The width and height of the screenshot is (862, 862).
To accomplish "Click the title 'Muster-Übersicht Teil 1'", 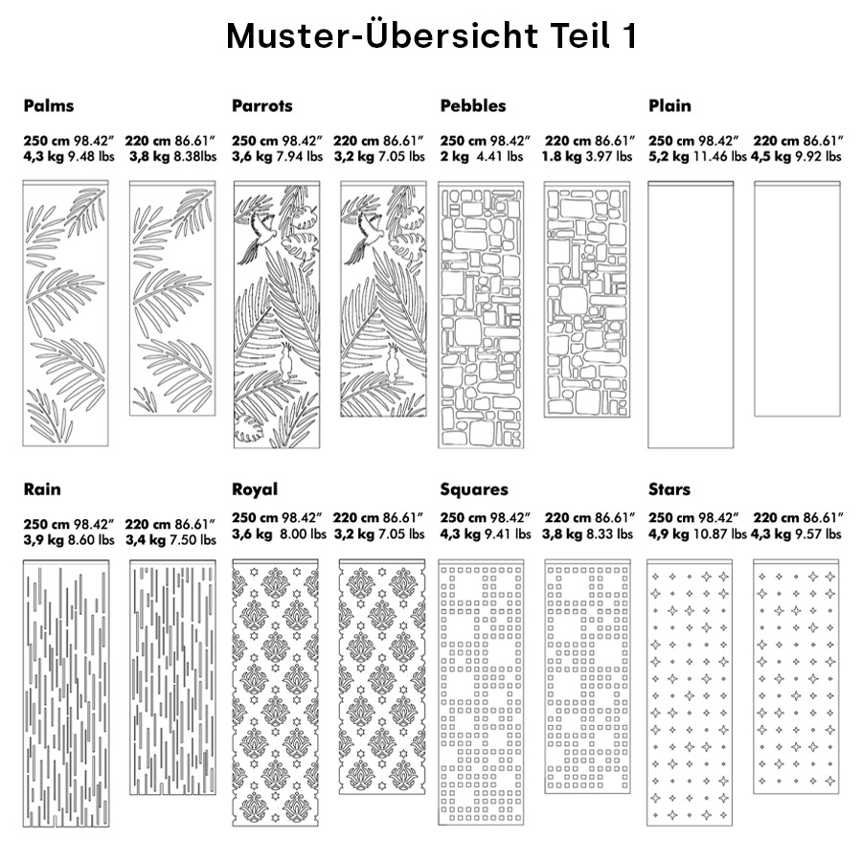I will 431,36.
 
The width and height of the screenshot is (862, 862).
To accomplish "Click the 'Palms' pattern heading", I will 49,105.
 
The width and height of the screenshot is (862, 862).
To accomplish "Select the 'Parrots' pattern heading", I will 261,105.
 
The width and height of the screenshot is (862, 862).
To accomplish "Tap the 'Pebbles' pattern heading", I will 473,105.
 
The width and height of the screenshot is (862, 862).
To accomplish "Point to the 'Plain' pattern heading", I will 669,105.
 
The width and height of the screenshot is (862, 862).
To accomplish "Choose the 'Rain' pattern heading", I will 42,489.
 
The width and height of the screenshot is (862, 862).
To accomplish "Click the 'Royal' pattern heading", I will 255,489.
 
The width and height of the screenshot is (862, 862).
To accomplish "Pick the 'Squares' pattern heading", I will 474,489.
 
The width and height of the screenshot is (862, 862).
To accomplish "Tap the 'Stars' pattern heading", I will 669,489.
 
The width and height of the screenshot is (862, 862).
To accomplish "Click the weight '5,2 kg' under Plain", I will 669,156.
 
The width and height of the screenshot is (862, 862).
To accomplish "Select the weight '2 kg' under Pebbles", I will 454,156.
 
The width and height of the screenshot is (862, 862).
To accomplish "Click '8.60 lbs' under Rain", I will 92,540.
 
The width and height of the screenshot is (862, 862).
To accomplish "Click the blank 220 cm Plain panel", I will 796,299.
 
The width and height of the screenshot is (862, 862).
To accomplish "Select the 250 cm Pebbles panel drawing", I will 481,314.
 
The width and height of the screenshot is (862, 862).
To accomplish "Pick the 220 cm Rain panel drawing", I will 172,680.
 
